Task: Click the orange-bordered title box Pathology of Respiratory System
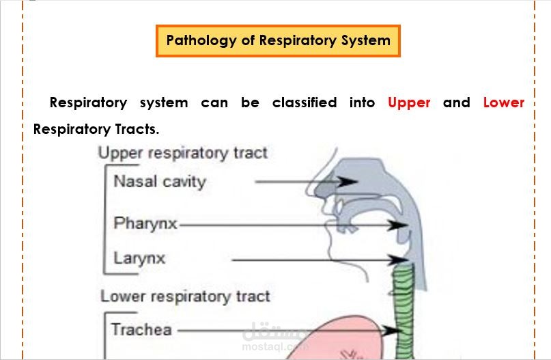(x=278, y=41)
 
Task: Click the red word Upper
(x=409, y=102)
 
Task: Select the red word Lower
(x=503, y=102)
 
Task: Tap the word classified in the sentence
(x=304, y=102)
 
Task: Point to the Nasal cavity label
(x=159, y=182)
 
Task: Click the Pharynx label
(x=145, y=223)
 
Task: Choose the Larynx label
(x=139, y=260)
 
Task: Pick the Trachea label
(x=141, y=330)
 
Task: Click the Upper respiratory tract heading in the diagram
(x=182, y=152)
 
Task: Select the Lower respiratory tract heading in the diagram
(x=185, y=296)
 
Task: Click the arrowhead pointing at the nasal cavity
(x=350, y=182)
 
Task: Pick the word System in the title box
(x=367, y=40)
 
